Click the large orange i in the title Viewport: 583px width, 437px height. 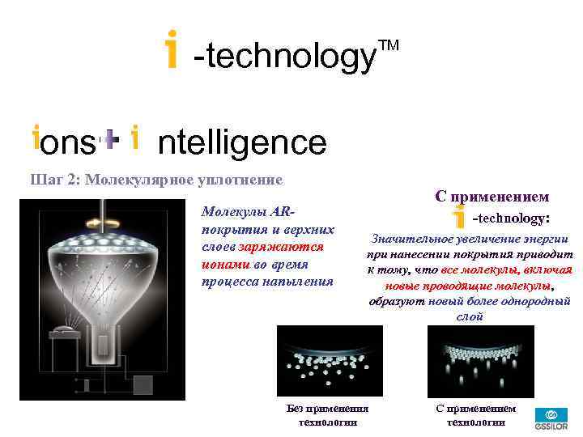tap(171, 50)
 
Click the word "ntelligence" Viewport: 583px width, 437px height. tap(241, 143)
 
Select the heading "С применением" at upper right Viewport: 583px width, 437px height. tap(492, 197)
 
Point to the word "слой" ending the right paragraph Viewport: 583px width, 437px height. tap(470, 316)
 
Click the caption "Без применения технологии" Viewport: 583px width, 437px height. tap(327, 415)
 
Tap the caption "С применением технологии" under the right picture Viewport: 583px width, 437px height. tap(476, 415)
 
